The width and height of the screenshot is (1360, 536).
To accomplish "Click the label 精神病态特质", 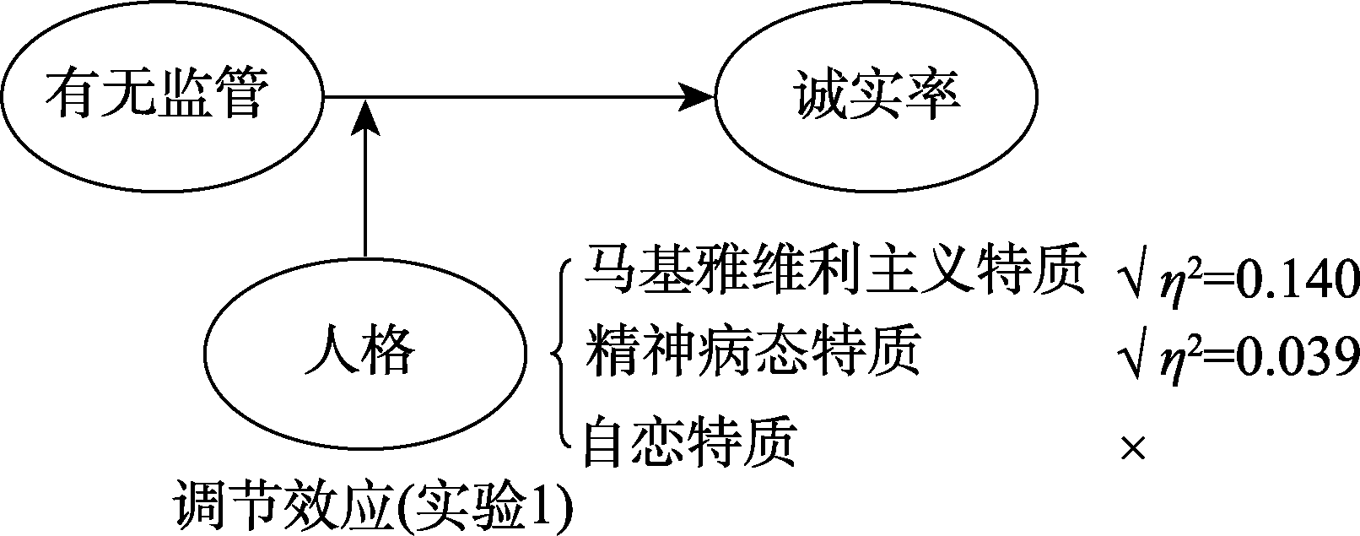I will point(751,353).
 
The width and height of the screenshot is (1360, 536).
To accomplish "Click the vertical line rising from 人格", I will point(364,194).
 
